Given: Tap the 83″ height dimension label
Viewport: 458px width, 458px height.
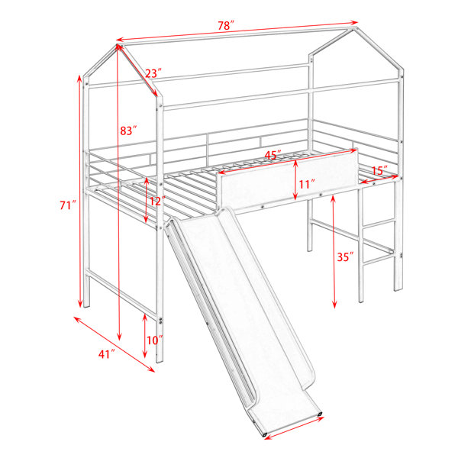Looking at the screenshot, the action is (128, 131).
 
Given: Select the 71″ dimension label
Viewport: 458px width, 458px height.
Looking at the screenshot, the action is (68, 205).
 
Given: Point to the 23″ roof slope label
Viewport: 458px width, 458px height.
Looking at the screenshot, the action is (153, 73).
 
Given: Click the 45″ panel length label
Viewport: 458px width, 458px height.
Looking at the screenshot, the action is (273, 155).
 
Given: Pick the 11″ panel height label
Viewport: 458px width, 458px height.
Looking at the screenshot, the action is (307, 184).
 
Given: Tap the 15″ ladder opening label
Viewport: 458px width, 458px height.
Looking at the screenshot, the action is (380, 170).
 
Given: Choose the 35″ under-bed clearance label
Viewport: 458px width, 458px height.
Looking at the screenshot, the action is (346, 257).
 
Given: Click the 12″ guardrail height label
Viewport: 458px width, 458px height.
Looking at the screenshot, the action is (158, 201).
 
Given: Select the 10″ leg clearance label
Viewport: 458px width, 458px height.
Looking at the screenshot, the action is (155, 340).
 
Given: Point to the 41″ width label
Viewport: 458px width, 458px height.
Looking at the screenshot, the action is (106, 354).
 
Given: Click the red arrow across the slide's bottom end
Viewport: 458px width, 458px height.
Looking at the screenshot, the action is (293, 428).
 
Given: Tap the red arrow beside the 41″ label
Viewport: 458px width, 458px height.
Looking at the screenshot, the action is (114, 344).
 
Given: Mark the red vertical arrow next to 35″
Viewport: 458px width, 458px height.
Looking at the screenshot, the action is (334, 252).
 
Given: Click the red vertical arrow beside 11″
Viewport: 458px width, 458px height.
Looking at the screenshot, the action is (295, 180).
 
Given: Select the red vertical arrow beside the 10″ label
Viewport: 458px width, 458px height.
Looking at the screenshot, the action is (144, 336).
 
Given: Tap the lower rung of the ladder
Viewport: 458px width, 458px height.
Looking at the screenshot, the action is (379, 260).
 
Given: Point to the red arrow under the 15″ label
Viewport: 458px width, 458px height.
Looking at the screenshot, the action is (379, 179).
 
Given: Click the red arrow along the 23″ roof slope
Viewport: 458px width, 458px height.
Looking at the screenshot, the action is (137, 70).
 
